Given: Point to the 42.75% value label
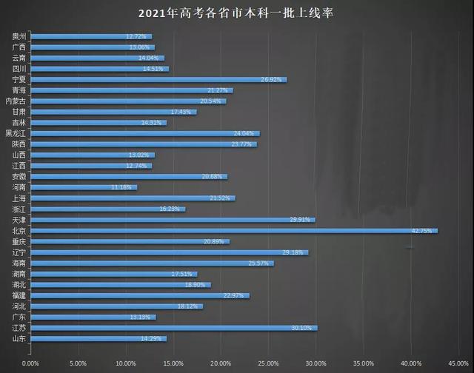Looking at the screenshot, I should (x=424, y=231).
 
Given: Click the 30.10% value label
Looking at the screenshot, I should (x=304, y=327).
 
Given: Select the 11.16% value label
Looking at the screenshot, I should (x=123, y=188).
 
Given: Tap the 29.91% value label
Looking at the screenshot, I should (x=302, y=220).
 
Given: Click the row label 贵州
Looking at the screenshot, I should (x=21, y=36).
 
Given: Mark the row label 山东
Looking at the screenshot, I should (x=21, y=338).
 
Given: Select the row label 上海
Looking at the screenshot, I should (x=21, y=198).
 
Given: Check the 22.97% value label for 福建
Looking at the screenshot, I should (x=236, y=295).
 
